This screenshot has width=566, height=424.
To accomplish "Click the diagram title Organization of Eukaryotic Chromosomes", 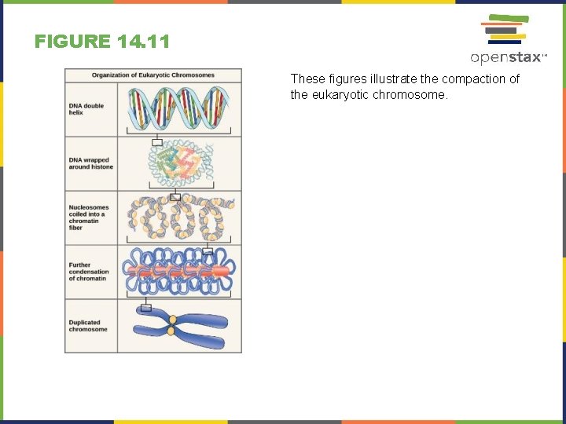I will click(x=153, y=75).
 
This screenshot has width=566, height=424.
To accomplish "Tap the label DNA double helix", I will click(x=86, y=109).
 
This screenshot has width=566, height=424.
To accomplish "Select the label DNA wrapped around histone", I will click(x=91, y=163).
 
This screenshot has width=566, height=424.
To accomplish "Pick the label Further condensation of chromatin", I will click(x=89, y=272).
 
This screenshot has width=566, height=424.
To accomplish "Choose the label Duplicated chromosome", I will click(x=88, y=326).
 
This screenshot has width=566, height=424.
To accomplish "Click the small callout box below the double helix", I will click(x=157, y=142).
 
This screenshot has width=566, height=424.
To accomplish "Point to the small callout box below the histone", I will click(x=175, y=196).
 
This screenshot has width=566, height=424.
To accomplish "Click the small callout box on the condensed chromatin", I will click(x=208, y=252).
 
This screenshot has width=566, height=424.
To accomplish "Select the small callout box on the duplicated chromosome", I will click(x=145, y=308).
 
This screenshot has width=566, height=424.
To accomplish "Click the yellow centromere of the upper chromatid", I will click(x=172, y=320).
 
